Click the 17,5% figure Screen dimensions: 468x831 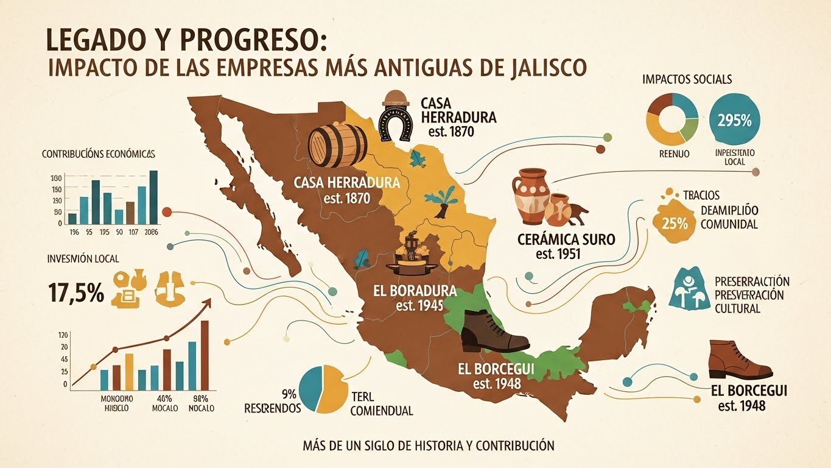pyautogui.click(x=75, y=292)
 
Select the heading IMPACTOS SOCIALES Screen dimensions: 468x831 pyautogui.click(x=687, y=79)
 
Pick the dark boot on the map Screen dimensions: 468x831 pyautogui.click(x=493, y=333)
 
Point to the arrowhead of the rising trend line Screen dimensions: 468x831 pyautogui.click(x=209, y=300)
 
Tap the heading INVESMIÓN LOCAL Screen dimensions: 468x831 pyautogui.click(x=83, y=259)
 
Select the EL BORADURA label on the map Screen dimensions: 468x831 pyautogui.click(x=415, y=291)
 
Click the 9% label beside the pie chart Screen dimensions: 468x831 pyautogui.click(x=287, y=393)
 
